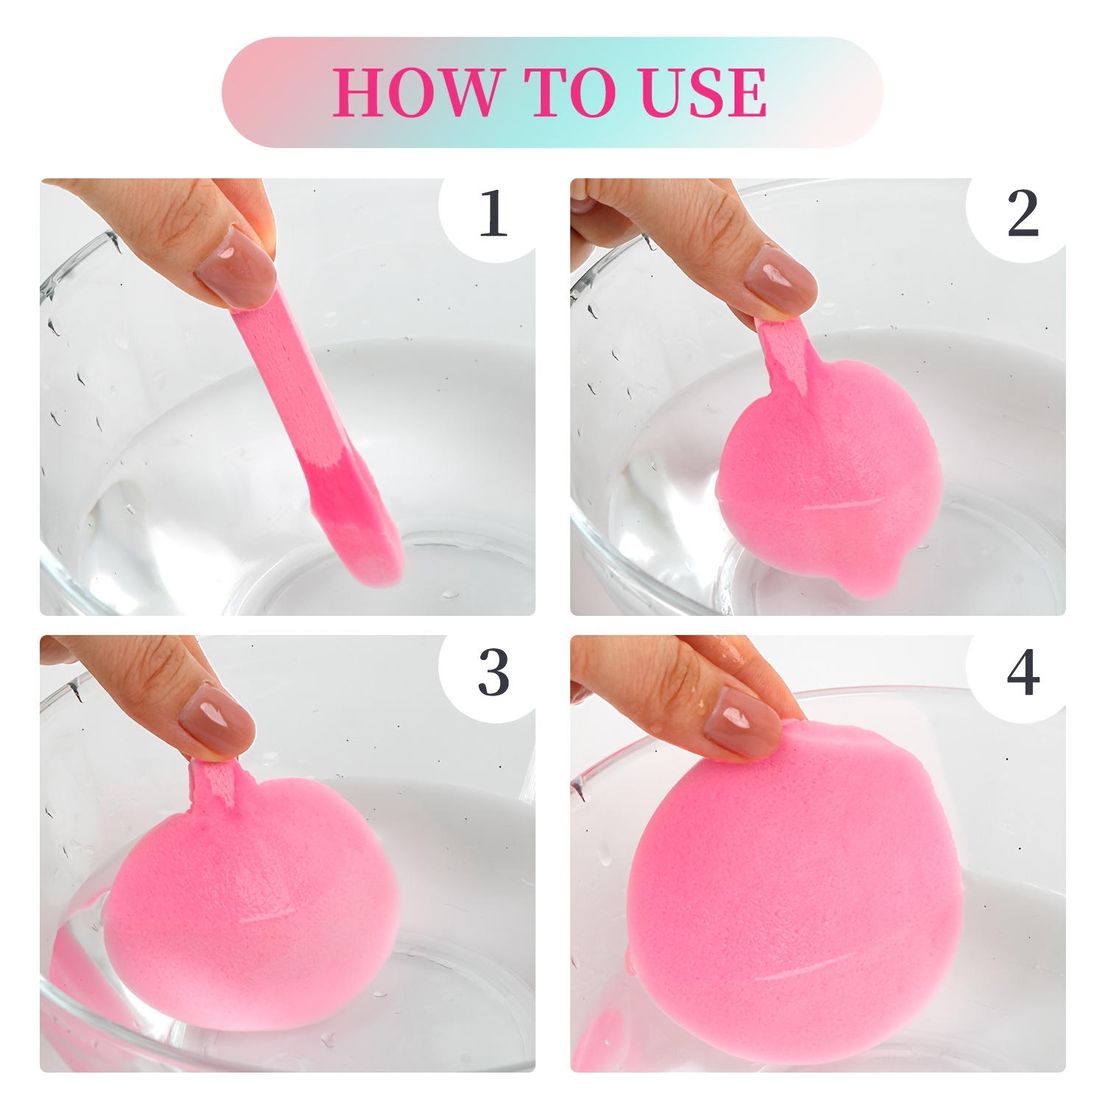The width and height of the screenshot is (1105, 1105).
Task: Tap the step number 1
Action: [494, 213]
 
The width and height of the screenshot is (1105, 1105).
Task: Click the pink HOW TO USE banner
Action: [552, 92]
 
